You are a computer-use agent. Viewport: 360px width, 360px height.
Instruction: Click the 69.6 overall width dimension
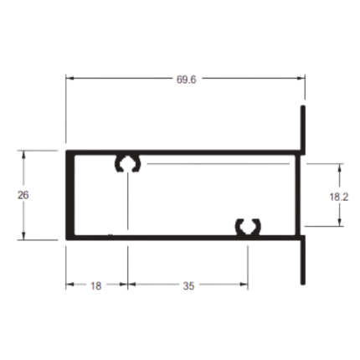(186, 80)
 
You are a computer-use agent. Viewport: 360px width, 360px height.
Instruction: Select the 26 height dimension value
(23, 195)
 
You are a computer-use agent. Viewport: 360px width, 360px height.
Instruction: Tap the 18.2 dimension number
(339, 197)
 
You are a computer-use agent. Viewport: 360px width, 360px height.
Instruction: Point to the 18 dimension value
(95, 286)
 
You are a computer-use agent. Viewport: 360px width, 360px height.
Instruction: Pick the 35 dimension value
(188, 286)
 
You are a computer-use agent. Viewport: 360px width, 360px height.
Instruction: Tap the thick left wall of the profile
(70, 195)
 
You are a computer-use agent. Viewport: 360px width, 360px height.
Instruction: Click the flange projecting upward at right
(303, 129)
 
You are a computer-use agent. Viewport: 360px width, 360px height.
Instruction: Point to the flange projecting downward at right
(303, 260)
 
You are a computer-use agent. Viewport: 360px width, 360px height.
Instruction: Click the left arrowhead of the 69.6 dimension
(69, 79)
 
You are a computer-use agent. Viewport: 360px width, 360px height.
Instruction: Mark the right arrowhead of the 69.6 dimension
(301, 79)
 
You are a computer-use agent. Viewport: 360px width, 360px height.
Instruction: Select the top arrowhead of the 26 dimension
(23, 155)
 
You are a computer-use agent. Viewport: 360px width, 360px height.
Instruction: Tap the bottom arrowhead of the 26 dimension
(23, 236)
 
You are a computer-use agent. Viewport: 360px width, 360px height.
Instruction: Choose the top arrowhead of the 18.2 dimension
(339, 167)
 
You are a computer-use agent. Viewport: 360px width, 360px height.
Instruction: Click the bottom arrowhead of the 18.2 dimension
(339, 222)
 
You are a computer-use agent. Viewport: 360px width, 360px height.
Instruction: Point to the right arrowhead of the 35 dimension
(244, 285)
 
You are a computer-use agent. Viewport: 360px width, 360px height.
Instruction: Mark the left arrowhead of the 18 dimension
(69, 285)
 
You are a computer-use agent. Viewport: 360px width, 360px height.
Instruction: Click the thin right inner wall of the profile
(298, 195)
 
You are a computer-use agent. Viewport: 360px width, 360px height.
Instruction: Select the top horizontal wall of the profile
(185, 152)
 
